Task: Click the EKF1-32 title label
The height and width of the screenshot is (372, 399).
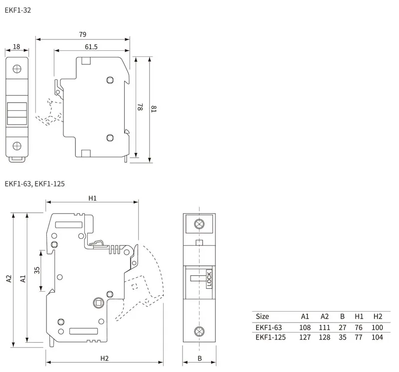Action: click(17, 9)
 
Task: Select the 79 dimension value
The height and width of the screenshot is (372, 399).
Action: click(82, 34)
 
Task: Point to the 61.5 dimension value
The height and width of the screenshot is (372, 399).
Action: click(91, 46)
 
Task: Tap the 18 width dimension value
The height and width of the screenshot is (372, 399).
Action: click(16, 46)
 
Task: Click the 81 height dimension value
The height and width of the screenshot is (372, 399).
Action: click(154, 108)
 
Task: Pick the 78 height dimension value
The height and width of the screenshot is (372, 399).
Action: click(140, 107)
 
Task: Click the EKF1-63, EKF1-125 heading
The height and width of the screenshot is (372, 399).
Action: click(34, 184)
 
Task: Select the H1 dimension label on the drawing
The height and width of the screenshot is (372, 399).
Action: click(92, 198)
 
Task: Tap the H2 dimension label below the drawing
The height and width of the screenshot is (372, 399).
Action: click(105, 358)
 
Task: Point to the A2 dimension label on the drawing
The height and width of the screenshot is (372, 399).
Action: click(8, 279)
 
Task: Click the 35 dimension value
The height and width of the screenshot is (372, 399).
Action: click(37, 270)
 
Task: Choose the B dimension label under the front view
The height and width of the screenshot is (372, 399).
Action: click(199, 358)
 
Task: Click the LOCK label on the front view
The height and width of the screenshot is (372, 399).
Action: click(209, 279)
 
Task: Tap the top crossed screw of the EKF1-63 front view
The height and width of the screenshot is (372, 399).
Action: click(199, 224)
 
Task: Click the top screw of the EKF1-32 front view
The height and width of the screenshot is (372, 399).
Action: click(17, 68)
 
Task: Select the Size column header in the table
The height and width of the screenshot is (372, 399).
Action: click(262, 316)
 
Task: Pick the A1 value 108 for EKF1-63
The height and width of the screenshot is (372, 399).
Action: click(305, 328)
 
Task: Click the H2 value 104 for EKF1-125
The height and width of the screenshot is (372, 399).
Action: click(377, 337)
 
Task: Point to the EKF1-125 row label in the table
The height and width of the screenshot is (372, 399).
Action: click(270, 337)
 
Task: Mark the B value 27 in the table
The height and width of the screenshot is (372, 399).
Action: click(342, 328)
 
